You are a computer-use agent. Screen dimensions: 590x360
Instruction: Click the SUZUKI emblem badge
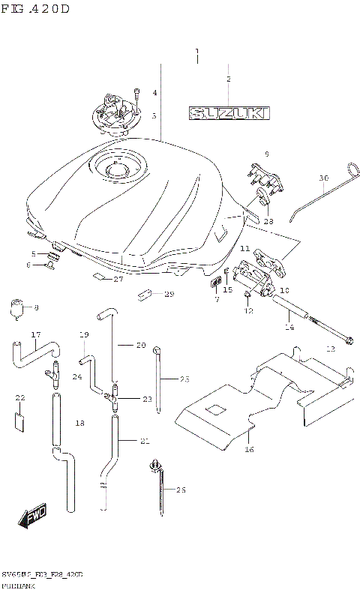229,114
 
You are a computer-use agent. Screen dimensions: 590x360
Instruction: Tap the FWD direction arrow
34,517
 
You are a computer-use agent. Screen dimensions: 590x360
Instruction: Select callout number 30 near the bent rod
323,178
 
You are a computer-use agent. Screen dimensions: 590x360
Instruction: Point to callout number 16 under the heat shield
250,450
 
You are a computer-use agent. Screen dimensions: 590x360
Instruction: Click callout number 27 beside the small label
118,280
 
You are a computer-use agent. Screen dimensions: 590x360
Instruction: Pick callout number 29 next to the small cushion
169,294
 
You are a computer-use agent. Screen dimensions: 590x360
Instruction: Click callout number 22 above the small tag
20,398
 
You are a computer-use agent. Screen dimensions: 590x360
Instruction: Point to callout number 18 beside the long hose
80,424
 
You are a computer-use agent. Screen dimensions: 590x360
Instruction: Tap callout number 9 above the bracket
265,154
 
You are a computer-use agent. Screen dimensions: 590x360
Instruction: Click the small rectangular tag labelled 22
20,420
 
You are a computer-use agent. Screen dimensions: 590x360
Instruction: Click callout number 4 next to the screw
154,93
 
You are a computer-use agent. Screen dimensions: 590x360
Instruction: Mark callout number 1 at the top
196,52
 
